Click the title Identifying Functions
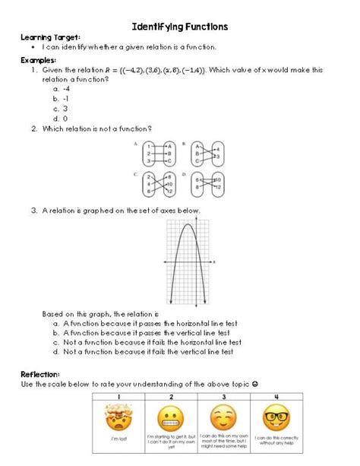180,27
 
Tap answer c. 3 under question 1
61,109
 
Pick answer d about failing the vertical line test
147,352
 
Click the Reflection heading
42,374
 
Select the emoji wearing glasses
276,419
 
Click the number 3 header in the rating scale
223,397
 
